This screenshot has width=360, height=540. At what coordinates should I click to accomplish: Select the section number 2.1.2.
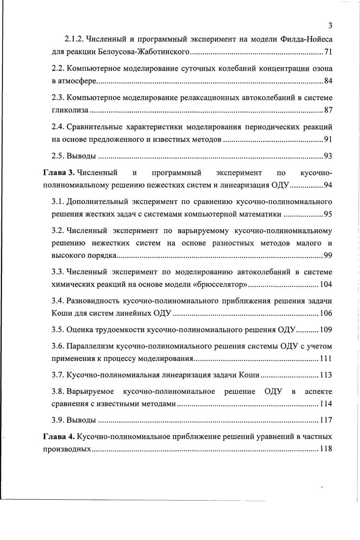coord(76,39)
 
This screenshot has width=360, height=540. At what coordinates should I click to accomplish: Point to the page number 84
coord(328,81)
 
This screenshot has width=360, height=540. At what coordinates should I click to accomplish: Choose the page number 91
coord(328,139)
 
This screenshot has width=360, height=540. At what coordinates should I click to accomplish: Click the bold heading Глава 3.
coord(58,173)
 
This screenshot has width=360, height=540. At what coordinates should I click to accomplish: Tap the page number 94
coord(328,186)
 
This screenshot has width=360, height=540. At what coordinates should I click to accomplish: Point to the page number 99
coord(328,255)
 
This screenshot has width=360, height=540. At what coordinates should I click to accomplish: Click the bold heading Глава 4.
coord(58,436)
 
